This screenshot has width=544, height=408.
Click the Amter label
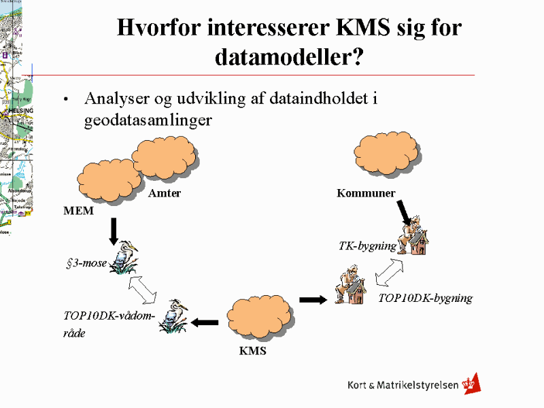click(x=165, y=194)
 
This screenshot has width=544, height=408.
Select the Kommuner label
click(x=366, y=194)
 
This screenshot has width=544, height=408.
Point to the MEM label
click(x=78, y=211)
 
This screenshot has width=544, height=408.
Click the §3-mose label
click(x=86, y=262)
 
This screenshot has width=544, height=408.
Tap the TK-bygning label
click(x=367, y=245)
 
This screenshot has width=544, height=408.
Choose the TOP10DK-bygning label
click(x=425, y=298)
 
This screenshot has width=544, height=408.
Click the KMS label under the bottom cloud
click(x=252, y=351)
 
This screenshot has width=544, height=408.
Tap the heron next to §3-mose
click(x=124, y=257)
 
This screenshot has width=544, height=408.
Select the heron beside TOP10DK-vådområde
click(x=173, y=317)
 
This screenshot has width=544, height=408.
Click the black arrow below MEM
click(x=114, y=230)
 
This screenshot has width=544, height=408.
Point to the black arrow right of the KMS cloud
click(x=313, y=299)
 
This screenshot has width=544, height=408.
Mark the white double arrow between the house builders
click(x=390, y=274)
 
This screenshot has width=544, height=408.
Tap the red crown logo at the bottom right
click(x=471, y=384)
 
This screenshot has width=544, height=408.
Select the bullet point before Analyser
click(x=66, y=99)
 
